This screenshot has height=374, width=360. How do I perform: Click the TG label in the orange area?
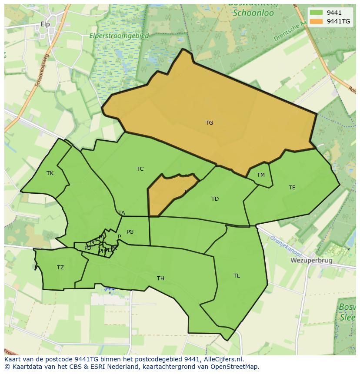click(x=209, y=123)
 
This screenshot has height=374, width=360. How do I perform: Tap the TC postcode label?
click(x=140, y=169)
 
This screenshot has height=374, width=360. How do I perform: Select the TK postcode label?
click(x=50, y=173)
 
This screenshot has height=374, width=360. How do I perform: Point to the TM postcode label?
click(x=260, y=175)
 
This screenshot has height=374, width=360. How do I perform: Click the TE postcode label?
click(x=292, y=188)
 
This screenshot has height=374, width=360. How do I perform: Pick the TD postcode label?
click(x=215, y=199)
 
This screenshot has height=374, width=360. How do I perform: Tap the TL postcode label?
click(x=237, y=276)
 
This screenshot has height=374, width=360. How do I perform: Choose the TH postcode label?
click(x=160, y=278)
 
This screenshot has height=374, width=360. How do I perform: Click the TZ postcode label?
click(x=60, y=268)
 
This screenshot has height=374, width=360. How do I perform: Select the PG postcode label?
click(x=130, y=232)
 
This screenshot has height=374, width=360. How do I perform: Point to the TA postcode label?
click(x=122, y=213)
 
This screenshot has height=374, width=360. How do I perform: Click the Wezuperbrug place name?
click(x=311, y=261)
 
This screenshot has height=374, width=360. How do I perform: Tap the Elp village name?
click(x=45, y=24)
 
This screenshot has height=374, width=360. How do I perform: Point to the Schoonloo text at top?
click(x=253, y=13)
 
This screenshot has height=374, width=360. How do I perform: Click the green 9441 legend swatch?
click(x=316, y=13)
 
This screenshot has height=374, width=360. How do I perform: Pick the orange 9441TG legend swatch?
click(x=316, y=21)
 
